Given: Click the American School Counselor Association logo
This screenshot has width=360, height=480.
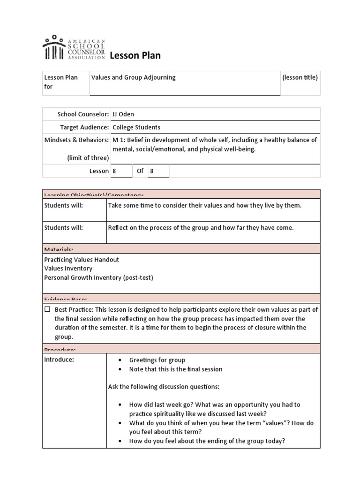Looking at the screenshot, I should (x=74, y=48).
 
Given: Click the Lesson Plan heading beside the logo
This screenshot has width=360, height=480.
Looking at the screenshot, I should (x=135, y=56).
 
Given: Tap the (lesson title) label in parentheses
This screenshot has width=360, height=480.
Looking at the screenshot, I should (x=300, y=77).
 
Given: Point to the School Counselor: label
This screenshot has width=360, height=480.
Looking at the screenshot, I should (x=83, y=114).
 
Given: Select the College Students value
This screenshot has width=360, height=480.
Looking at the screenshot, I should (x=136, y=127).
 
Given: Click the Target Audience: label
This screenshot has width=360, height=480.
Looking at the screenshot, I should (x=84, y=127).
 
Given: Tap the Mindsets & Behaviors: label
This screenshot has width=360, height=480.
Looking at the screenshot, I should (x=76, y=140).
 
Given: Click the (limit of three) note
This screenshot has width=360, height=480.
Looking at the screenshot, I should (x=88, y=157).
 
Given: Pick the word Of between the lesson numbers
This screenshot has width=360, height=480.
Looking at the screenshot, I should (x=140, y=171).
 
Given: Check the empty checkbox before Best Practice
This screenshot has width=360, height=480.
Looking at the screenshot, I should (x=47, y=309).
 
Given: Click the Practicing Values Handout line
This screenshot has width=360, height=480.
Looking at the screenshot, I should (x=82, y=260).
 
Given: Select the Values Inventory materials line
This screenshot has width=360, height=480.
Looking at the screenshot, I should (x=68, y=269).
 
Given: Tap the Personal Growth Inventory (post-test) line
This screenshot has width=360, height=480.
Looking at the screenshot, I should (x=98, y=277).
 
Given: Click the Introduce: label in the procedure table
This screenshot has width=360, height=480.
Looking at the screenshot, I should (x=59, y=360).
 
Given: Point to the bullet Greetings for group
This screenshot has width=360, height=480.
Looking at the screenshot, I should (x=157, y=360).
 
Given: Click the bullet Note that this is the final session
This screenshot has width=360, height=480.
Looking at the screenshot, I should (x=176, y=369).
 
